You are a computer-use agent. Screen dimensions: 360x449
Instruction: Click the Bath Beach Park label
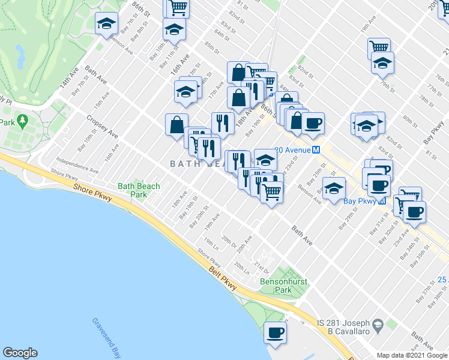coord(139,190)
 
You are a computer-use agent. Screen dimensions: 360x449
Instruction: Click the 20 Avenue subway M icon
coord(315,150)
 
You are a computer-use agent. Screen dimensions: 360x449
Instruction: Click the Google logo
coord(20,353)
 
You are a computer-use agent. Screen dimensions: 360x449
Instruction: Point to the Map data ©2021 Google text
coord(411,355)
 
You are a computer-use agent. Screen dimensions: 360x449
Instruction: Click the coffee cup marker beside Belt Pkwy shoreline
coord(276,332)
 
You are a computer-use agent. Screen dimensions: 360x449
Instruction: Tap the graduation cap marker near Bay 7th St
coord(107,24)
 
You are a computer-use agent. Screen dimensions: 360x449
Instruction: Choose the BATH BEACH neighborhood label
coord(192,163)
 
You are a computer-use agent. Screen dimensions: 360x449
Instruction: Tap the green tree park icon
coord(23,121)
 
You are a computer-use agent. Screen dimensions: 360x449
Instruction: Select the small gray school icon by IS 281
coord(378,326)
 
